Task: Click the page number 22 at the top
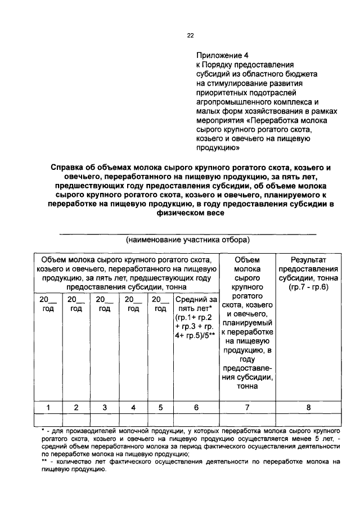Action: point(190,35)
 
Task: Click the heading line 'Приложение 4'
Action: point(222,56)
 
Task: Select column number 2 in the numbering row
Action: point(76,407)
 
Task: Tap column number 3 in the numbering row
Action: point(104,407)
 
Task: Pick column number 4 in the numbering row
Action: point(133,407)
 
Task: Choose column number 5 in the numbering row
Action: point(160,407)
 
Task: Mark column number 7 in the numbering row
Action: point(246,407)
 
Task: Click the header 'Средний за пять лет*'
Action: point(196,304)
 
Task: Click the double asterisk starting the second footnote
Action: point(44,461)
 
